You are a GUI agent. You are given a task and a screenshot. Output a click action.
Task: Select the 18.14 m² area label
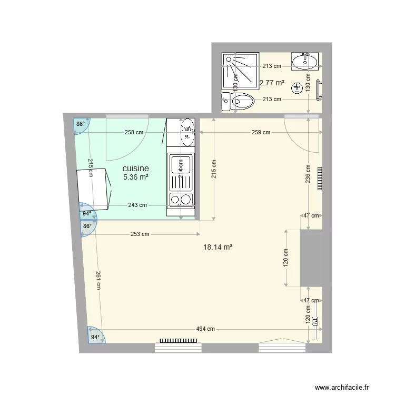[218, 246]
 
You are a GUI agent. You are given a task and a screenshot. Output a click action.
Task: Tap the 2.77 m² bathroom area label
[272, 83]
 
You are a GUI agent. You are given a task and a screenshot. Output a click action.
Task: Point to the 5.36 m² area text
[135, 177]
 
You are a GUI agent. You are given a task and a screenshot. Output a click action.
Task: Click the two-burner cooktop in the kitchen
[181, 200]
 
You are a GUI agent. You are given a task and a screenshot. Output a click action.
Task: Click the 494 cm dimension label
[205, 329]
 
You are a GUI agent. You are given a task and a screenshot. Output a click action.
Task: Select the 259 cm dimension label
[261, 132]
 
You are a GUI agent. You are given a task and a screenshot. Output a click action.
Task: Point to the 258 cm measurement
[134, 132]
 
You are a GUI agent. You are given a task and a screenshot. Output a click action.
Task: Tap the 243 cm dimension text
[137, 205]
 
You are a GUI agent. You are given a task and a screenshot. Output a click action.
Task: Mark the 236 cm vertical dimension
[308, 175]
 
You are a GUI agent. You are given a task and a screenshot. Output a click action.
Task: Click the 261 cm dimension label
[98, 280]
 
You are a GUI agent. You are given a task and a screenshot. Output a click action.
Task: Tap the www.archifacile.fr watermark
[347, 388]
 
